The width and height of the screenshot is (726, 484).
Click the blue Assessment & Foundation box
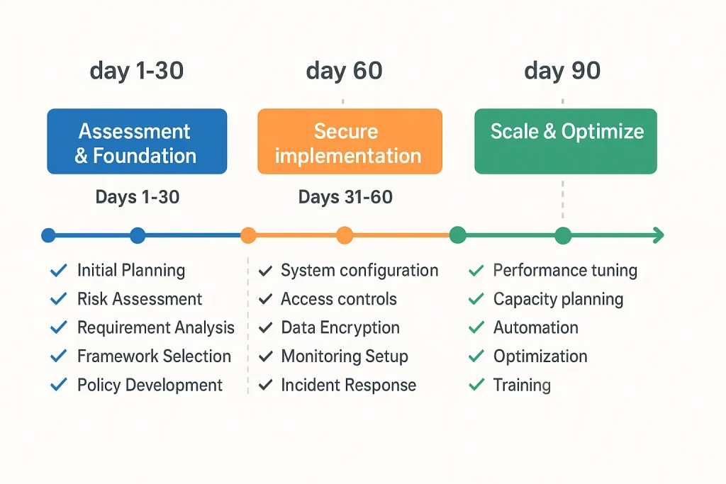click(x=137, y=142)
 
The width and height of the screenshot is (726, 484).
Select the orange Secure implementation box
click(x=350, y=142)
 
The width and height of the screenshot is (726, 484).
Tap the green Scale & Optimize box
click(x=565, y=141)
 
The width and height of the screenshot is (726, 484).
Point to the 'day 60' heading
click(x=344, y=71)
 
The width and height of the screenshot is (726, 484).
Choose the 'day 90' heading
click(x=562, y=71)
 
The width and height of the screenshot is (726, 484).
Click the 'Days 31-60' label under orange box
click(x=345, y=197)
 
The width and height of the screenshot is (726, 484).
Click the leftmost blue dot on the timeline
click(x=48, y=235)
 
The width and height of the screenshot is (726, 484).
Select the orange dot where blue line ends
click(x=248, y=235)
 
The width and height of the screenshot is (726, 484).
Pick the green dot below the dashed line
click(x=563, y=235)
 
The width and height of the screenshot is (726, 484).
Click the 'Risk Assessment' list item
click(x=140, y=299)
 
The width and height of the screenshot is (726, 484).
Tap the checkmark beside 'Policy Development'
click(x=58, y=385)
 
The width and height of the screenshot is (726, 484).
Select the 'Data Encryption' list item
click(x=340, y=327)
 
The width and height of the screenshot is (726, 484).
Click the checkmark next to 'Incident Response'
click(x=266, y=385)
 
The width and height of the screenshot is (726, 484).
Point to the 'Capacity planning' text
click(x=558, y=299)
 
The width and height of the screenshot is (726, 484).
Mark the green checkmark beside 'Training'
click(x=476, y=385)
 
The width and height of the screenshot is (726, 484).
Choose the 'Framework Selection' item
click(x=154, y=356)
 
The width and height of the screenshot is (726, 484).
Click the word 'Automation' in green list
click(x=535, y=327)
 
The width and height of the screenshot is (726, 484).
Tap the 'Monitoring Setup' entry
click(x=345, y=356)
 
